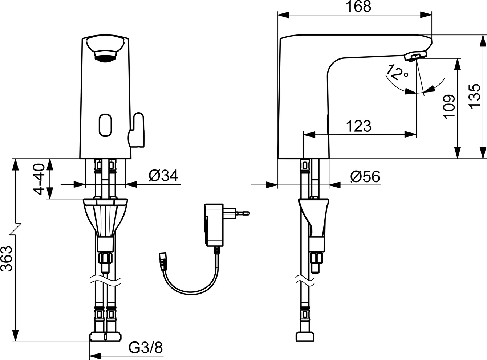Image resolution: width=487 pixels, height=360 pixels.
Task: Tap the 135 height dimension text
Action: point(475,96)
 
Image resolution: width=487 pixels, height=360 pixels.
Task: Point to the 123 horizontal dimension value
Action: point(358,126)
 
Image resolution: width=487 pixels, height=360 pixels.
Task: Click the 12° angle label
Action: point(397,73)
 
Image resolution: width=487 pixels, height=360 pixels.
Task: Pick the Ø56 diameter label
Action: point(365,177)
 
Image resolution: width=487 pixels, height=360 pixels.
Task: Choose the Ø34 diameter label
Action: point(163,176)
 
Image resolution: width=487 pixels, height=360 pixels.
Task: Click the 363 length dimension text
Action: point(8,258)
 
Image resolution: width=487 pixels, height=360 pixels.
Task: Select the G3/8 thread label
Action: point(146,349)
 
